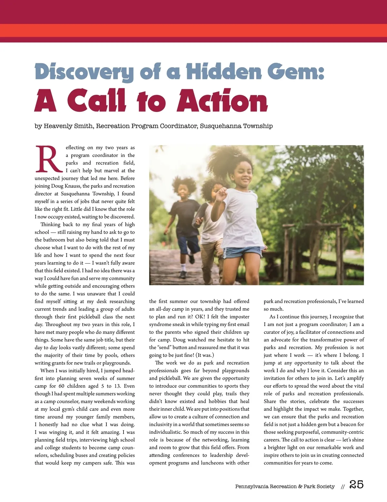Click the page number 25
point(356,485)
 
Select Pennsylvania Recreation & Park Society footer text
point(285,487)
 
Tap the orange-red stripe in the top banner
point(193,30)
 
